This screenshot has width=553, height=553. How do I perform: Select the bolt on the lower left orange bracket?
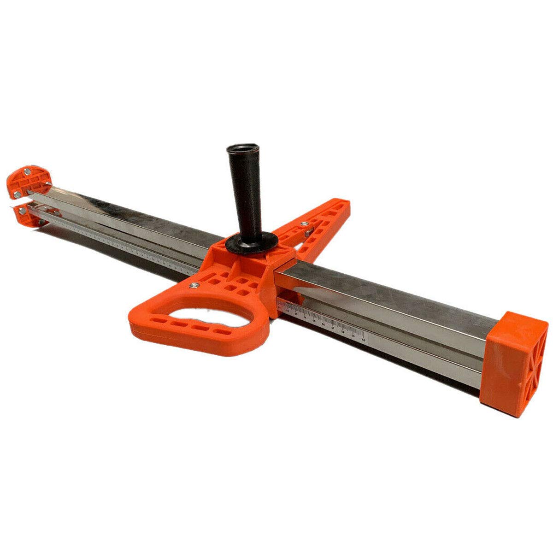click(x=20, y=211)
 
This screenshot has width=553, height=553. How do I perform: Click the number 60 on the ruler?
click(x=364, y=340)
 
